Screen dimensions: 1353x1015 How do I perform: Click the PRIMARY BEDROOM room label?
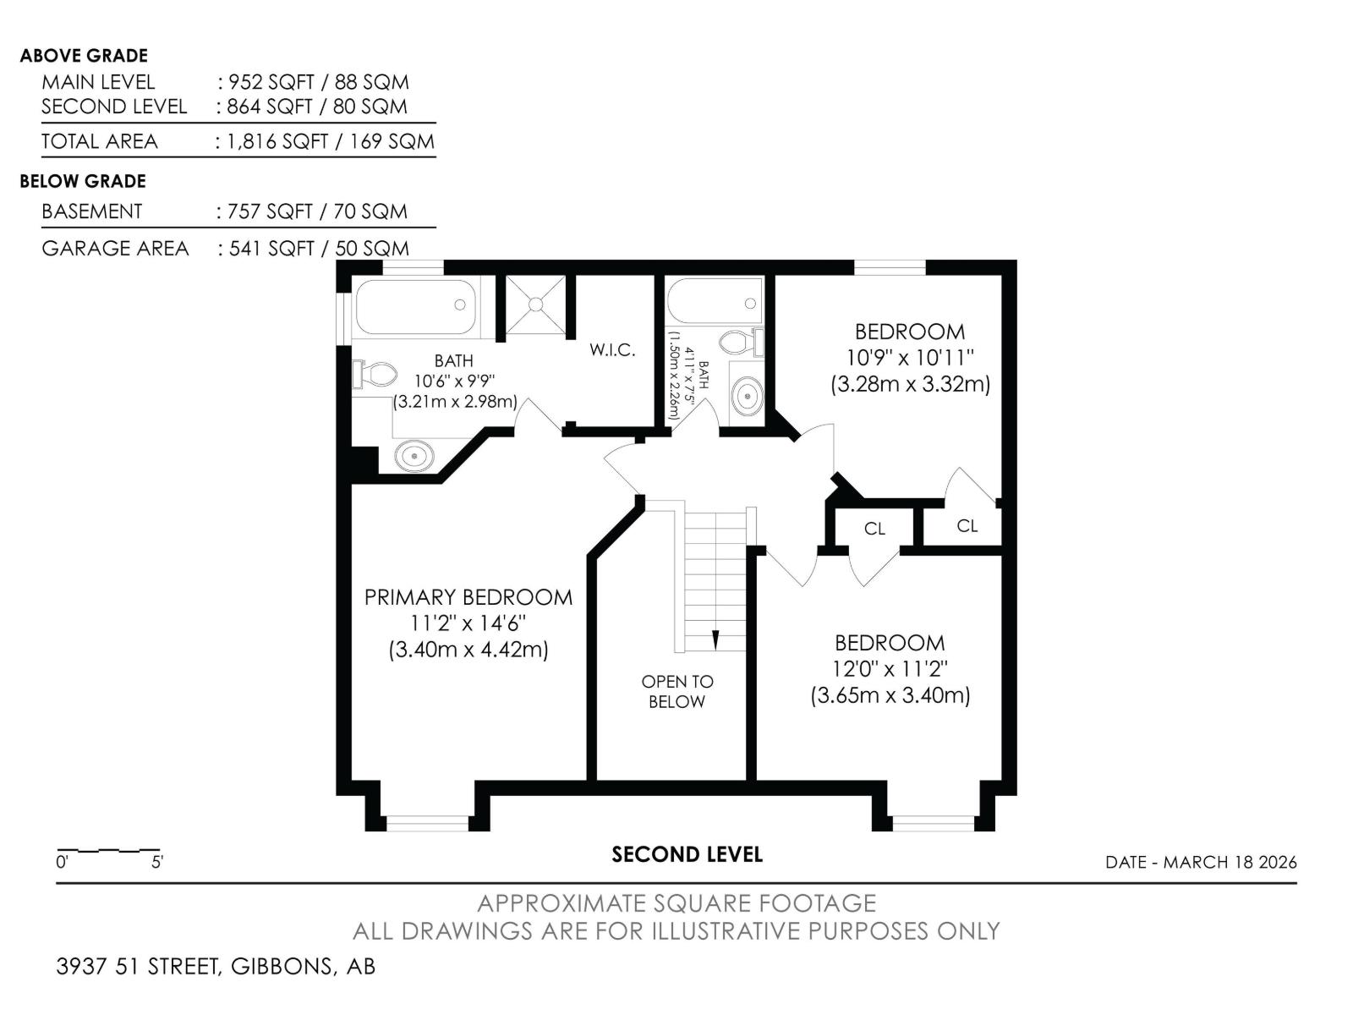click(x=468, y=597)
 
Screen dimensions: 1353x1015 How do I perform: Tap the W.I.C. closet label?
click(x=612, y=350)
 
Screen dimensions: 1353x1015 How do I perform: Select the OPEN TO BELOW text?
click(x=676, y=691)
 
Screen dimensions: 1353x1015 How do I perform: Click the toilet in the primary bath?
click(x=375, y=375)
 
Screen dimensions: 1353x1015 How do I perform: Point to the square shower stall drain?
click(x=535, y=304)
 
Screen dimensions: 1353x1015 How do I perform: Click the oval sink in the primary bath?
click(x=415, y=456)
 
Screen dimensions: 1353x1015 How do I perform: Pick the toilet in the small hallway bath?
click(x=742, y=342)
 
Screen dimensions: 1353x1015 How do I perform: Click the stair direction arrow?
click(x=715, y=640)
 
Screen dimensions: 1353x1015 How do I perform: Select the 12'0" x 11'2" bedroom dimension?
click(x=890, y=669)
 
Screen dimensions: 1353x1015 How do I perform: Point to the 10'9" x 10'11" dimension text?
click(x=910, y=358)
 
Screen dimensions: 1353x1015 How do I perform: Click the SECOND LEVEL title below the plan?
click(x=687, y=854)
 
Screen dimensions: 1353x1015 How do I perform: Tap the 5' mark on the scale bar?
click(x=157, y=862)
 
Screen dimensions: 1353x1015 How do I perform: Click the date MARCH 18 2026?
click(x=1230, y=862)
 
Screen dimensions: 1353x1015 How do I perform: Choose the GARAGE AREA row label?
click(x=115, y=249)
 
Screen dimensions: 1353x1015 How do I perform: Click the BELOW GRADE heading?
click(x=83, y=181)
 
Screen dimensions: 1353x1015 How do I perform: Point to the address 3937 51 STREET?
click(x=139, y=966)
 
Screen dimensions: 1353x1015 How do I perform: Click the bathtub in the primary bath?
click(x=415, y=308)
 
